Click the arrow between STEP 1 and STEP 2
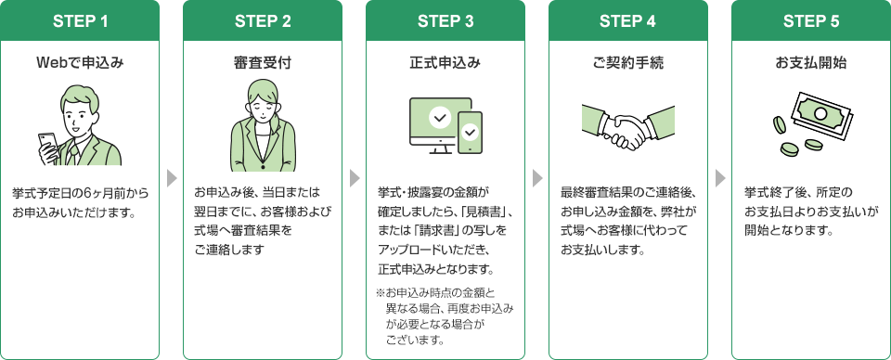(171, 178)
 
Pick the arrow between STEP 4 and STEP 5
(719, 178)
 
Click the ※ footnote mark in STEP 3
(381, 294)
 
